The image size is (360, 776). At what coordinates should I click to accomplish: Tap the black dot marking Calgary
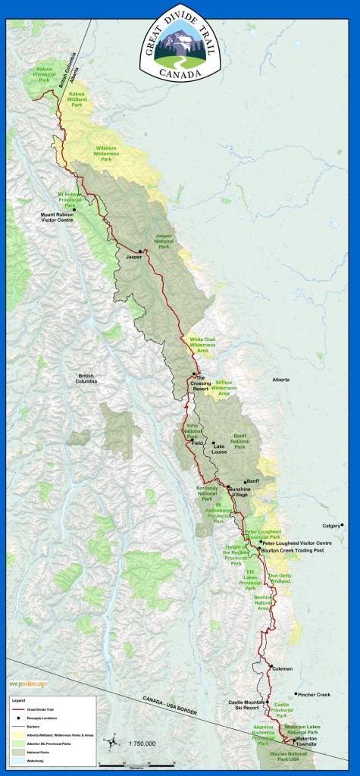(343, 524)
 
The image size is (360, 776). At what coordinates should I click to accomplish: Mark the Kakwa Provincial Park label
(47, 73)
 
